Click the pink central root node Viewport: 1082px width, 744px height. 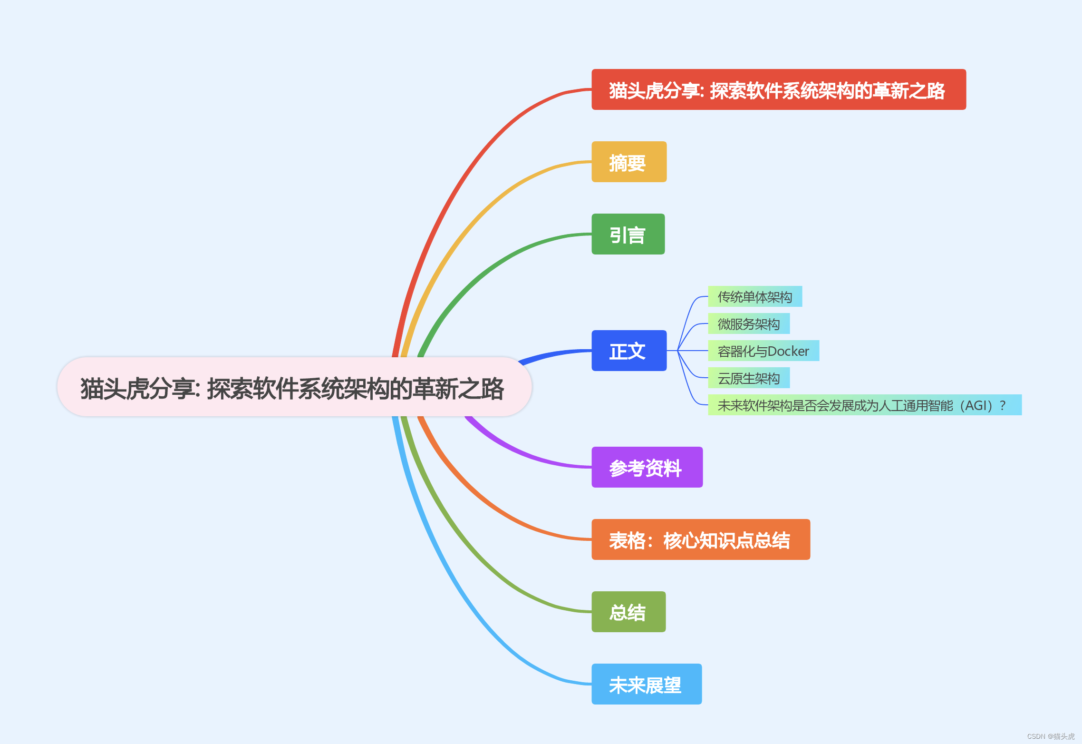point(294,387)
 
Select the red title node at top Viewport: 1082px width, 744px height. point(778,89)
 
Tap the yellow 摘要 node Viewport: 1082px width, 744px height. point(628,162)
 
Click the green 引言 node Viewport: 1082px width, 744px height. point(628,234)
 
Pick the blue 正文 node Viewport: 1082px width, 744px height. point(628,351)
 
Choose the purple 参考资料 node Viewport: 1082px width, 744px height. point(647,467)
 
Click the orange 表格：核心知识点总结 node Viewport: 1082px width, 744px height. point(700,539)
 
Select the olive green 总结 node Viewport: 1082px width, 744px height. point(628,612)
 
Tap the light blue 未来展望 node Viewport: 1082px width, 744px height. point(646,684)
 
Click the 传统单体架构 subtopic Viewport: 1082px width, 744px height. point(754,296)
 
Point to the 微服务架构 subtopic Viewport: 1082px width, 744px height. point(748,323)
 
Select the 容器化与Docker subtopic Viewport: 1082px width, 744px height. point(763,351)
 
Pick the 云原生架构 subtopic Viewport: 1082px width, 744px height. point(748,378)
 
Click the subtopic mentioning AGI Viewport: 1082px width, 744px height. point(864,405)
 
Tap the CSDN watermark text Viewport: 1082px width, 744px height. point(1050,736)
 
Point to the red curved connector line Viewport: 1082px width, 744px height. point(456,181)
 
